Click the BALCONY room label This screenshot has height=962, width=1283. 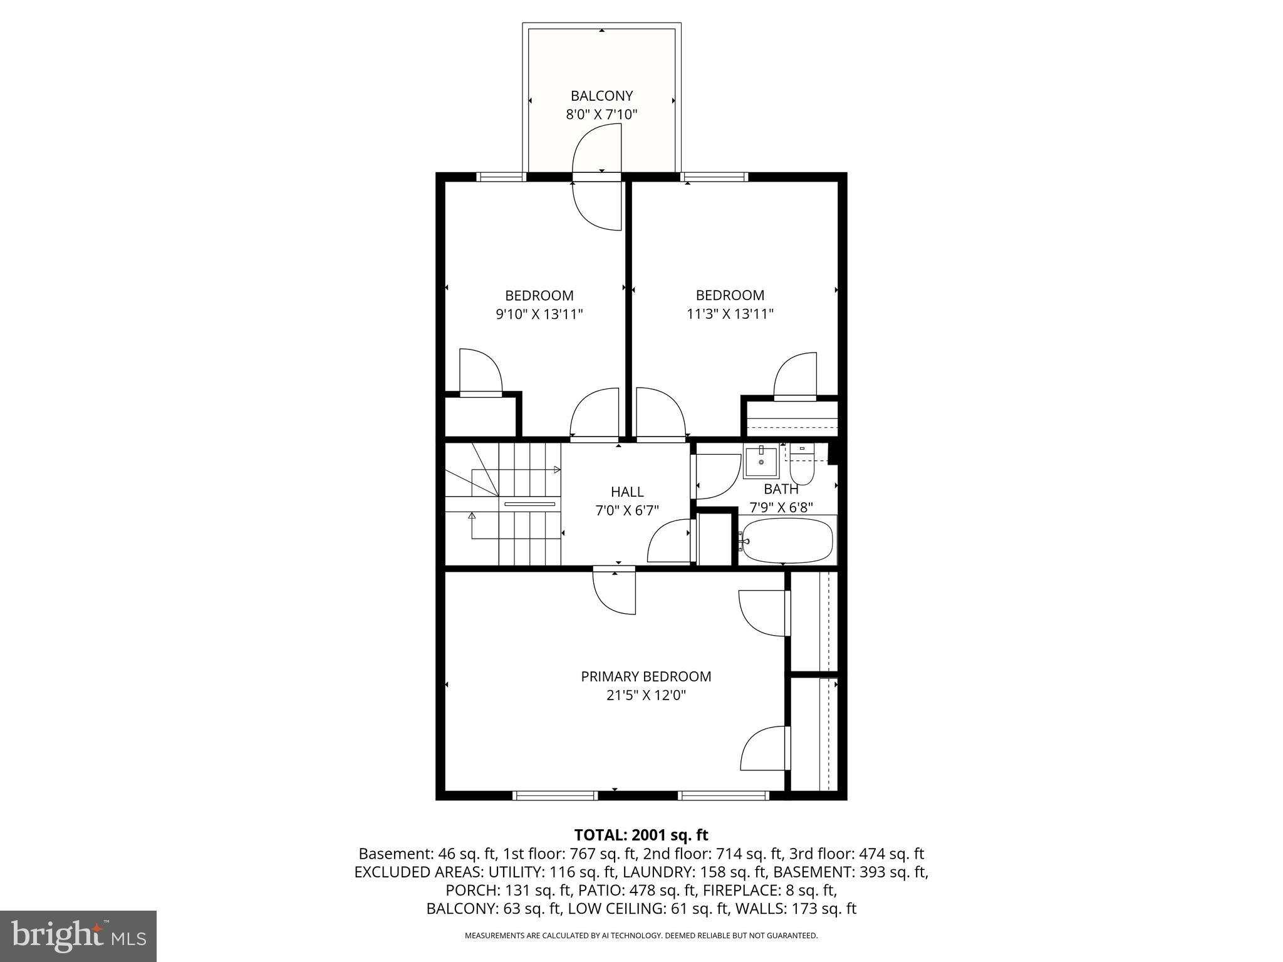(x=601, y=96)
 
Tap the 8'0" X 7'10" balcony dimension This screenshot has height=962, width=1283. (x=601, y=115)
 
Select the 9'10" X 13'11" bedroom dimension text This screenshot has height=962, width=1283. (x=539, y=314)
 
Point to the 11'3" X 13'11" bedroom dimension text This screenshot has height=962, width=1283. (x=730, y=314)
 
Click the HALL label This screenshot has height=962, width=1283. (x=627, y=492)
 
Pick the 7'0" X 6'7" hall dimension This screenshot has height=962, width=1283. (x=627, y=510)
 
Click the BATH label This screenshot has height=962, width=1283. (x=781, y=489)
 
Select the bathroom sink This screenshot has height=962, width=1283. (x=761, y=462)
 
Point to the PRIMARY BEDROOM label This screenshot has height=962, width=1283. (x=646, y=676)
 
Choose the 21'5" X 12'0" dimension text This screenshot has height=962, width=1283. (x=646, y=695)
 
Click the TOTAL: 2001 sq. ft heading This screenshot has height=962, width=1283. (x=641, y=835)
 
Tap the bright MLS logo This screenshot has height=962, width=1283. (x=78, y=936)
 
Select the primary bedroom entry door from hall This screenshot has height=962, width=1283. (x=614, y=592)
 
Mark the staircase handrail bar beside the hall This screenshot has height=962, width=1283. (x=529, y=504)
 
